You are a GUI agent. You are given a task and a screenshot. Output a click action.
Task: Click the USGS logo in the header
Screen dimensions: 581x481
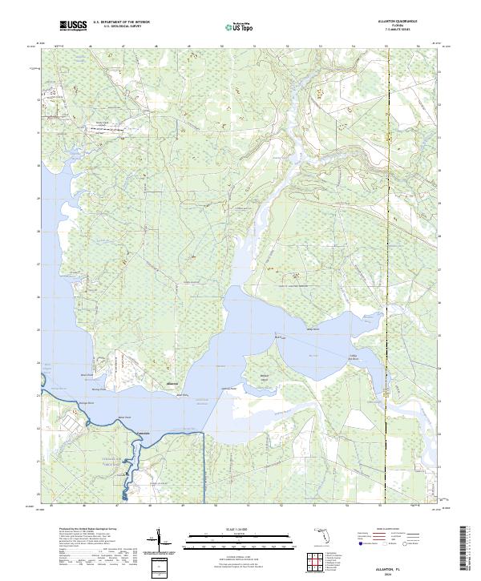tap(73, 26)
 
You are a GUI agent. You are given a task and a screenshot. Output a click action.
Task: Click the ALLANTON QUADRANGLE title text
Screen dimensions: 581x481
tap(402, 22)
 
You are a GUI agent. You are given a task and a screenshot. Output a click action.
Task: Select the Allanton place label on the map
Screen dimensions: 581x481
tap(171, 384)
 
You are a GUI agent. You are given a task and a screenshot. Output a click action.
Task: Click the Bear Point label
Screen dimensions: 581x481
tap(124, 417)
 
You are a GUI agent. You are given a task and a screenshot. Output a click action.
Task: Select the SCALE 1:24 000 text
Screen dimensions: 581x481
tap(240, 529)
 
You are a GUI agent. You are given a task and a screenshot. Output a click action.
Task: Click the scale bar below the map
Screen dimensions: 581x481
tap(240, 539)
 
